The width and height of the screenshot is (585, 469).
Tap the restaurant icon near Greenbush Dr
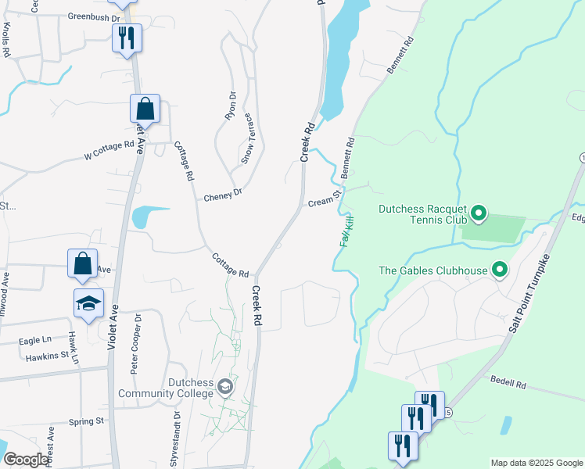click(127, 38)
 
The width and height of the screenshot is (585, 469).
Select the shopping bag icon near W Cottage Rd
click(145, 109)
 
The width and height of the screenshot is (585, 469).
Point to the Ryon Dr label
click(231, 106)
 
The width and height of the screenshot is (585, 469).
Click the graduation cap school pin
click(88, 303)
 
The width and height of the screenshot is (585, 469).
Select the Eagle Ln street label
click(34, 341)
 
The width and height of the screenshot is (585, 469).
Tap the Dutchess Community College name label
click(166, 388)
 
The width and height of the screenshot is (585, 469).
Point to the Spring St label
click(86, 421)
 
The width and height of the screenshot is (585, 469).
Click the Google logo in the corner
click(26, 460)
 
